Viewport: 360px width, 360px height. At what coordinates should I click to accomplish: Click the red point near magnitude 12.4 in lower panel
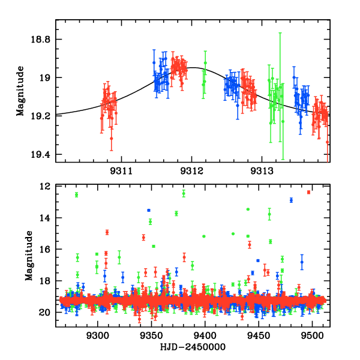(308, 192)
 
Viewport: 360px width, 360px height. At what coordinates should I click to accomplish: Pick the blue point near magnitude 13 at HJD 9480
(291, 200)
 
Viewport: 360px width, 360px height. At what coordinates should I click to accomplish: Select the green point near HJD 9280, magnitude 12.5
(76, 194)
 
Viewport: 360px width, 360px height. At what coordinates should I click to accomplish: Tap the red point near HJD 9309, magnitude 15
(107, 232)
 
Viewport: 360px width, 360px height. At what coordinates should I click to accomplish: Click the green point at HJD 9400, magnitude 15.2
(204, 236)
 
